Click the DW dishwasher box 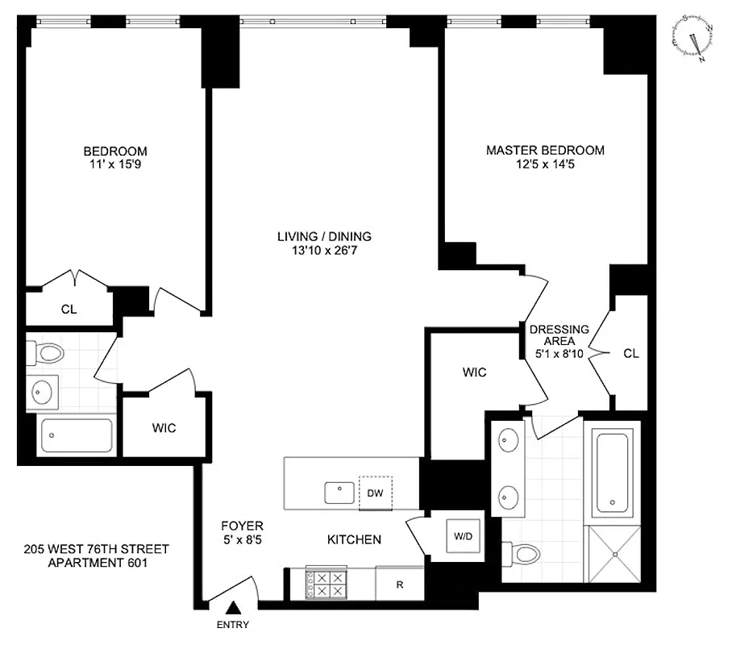[375, 493]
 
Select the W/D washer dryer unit [462, 535]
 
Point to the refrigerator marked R [399, 584]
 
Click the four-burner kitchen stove [328, 584]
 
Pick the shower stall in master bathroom [616, 555]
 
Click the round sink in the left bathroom [42, 393]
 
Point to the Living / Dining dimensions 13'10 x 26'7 [324, 251]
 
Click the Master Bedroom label [545, 150]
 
